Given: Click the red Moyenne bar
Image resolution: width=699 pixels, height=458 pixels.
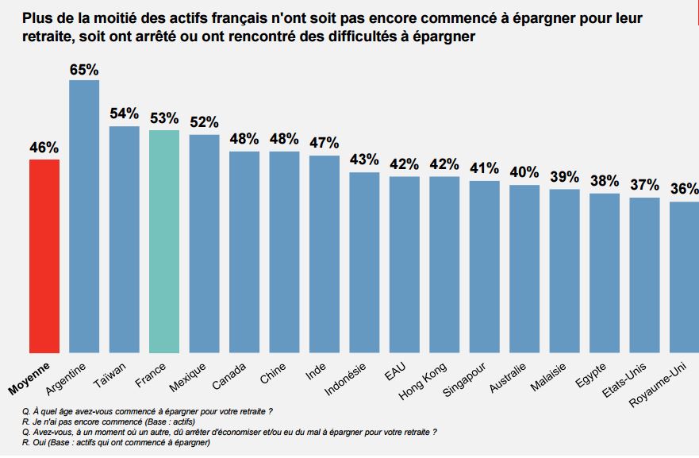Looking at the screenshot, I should click(44, 256).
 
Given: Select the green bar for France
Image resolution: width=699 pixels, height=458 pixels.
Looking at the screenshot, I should click(164, 241).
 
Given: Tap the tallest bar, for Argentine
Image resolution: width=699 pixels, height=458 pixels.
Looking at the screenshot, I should click(84, 216).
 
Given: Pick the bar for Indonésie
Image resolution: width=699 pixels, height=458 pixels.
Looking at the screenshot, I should click(364, 262).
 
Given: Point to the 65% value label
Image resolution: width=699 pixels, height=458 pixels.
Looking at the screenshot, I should click(84, 69).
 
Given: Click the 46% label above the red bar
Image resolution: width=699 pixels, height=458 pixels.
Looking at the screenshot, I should click(44, 148).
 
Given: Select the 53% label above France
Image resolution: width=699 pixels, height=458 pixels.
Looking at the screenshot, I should click(164, 119).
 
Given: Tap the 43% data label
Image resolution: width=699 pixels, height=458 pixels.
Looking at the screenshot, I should click(364, 159).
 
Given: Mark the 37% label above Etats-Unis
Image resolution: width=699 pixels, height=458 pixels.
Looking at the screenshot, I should click(644, 185).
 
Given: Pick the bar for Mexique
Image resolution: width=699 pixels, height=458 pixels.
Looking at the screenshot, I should click(204, 243).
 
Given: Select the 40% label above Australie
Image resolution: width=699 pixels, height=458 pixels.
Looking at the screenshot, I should click(524, 172).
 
